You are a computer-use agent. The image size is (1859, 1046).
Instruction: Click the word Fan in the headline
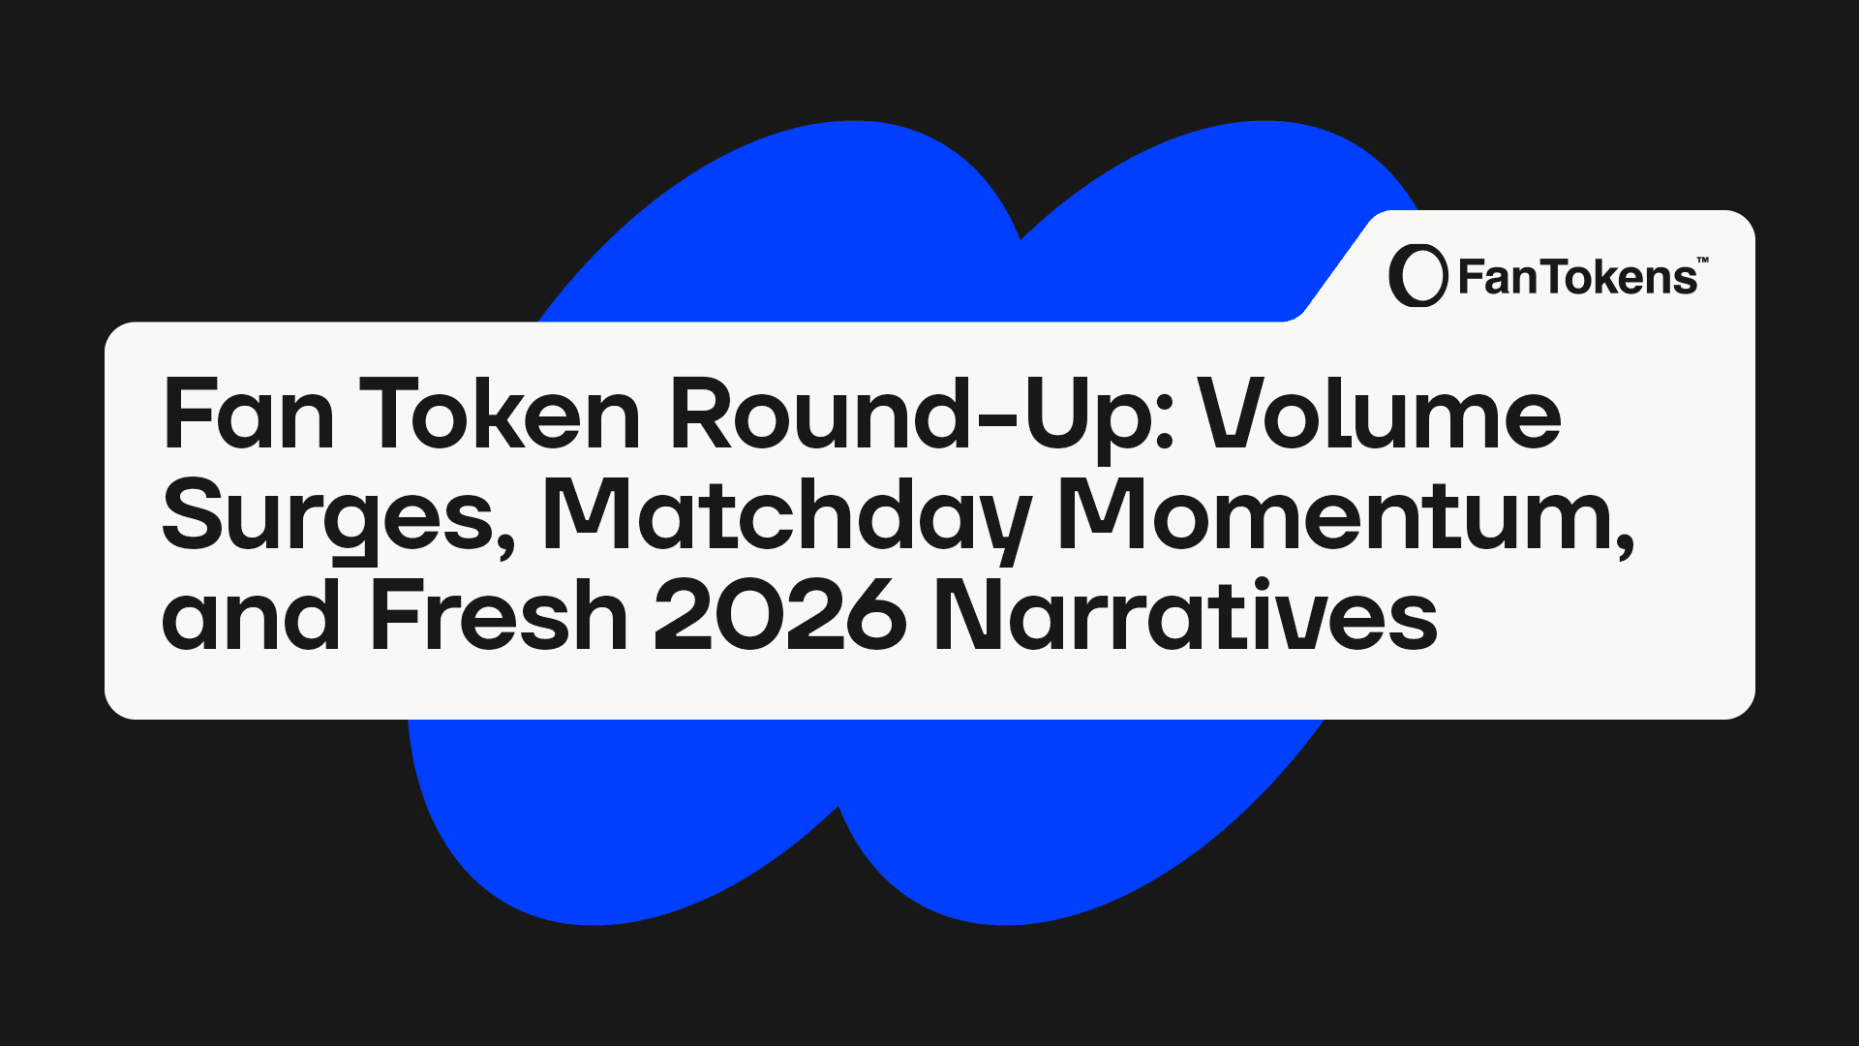(x=249, y=415)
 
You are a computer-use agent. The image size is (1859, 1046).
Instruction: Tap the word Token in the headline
(x=500, y=415)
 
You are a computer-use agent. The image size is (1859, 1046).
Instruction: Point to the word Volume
(x=1380, y=414)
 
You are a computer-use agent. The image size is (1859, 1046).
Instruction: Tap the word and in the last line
(x=251, y=614)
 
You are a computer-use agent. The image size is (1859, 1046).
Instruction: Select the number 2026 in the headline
(x=780, y=616)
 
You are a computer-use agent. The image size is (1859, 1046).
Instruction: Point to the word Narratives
(x=1185, y=614)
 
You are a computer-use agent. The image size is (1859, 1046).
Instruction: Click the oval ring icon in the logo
(x=1418, y=276)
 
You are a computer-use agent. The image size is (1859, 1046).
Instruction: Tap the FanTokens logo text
(x=1577, y=278)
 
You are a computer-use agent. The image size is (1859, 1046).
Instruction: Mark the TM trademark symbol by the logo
(x=1703, y=260)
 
